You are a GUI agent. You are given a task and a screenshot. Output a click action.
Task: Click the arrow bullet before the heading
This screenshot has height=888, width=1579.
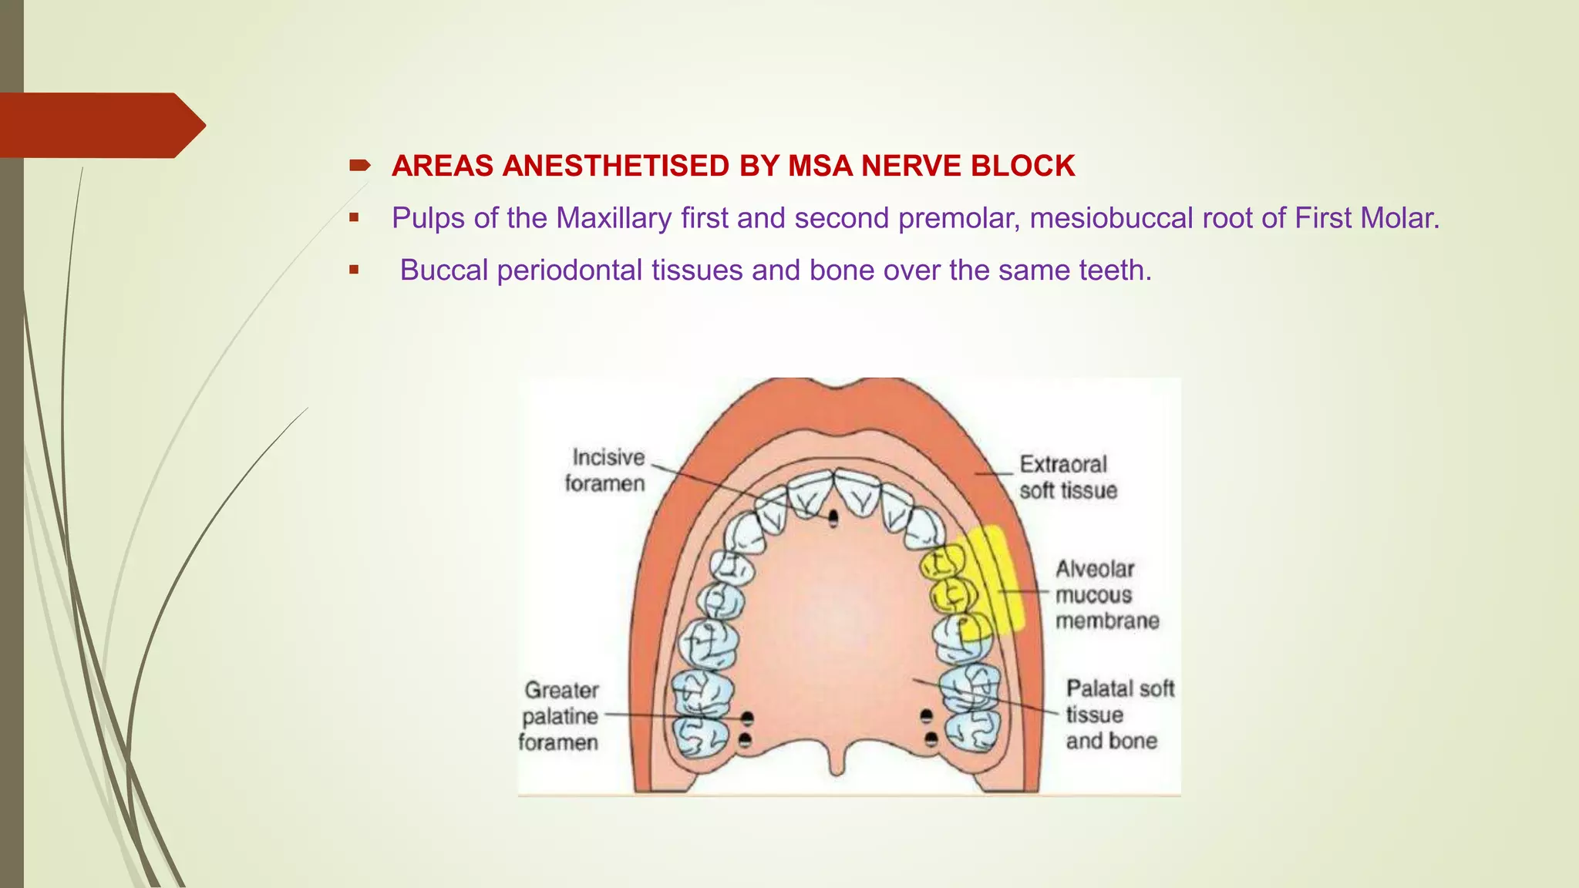coord(359,165)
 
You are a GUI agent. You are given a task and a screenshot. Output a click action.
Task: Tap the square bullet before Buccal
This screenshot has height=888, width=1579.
coord(354,270)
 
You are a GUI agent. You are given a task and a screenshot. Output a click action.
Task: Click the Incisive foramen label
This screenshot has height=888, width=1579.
coord(606,470)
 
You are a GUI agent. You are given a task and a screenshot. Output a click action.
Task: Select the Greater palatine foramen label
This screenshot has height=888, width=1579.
coord(560,716)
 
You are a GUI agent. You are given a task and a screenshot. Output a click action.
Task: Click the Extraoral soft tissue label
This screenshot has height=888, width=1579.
coord(1067,477)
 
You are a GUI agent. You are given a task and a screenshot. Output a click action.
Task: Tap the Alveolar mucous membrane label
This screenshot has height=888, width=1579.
coord(1106,594)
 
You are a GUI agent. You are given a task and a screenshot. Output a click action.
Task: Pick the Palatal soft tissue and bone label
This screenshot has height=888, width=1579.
coord(1119,715)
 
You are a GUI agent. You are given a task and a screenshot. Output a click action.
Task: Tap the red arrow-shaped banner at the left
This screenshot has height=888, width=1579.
coord(100,125)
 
